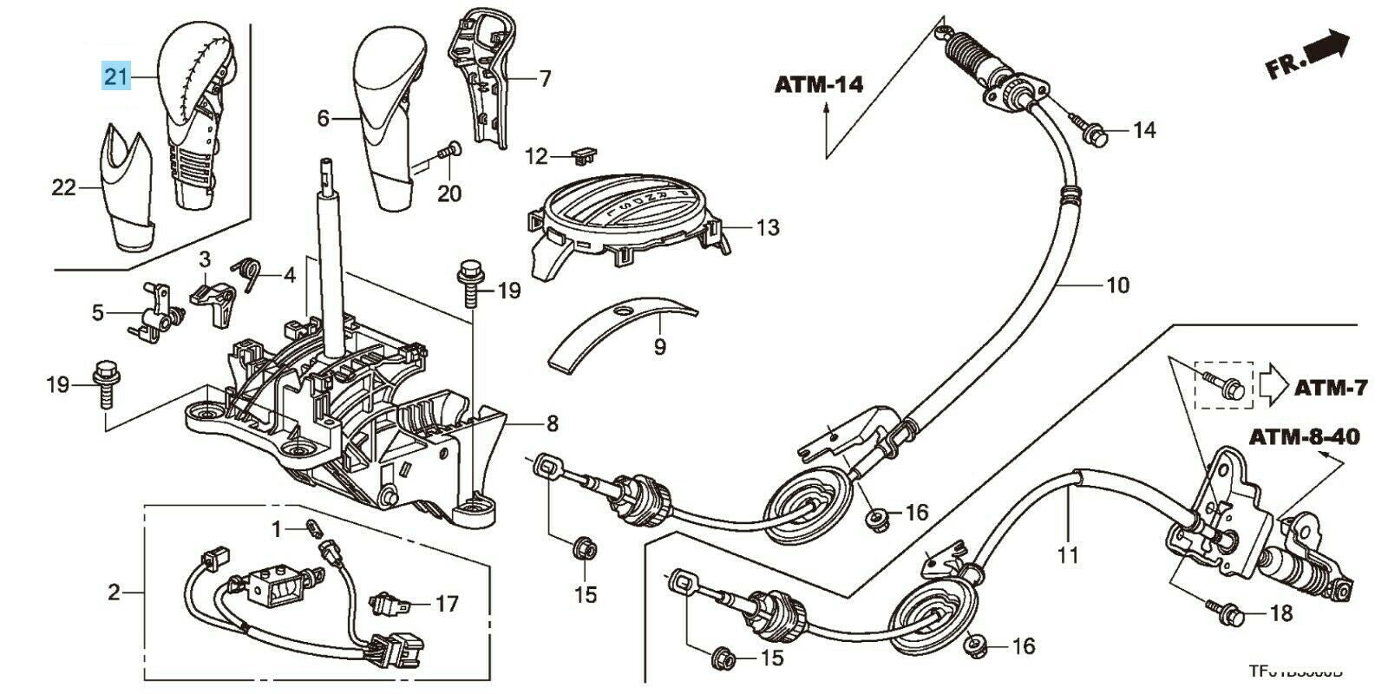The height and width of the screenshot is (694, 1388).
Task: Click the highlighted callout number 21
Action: (116, 76)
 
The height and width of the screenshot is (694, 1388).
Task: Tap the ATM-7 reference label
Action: (1330, 388)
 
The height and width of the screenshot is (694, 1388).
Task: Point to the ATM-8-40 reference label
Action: (1304, 437)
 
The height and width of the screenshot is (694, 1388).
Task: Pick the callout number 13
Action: (767, 228)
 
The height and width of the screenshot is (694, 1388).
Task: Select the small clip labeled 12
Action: (586, 154)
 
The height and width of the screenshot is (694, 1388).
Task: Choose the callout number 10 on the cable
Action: (1117, 284)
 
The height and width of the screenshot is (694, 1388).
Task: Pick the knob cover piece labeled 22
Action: (126, 187)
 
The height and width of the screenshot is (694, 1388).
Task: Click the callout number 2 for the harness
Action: (114, 593)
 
